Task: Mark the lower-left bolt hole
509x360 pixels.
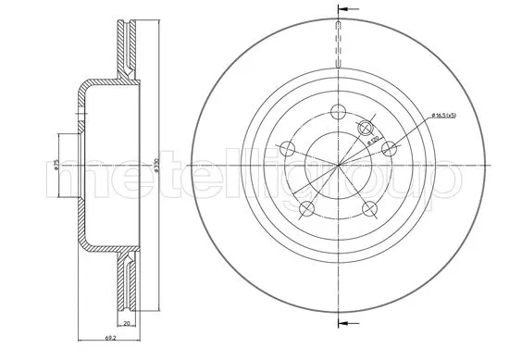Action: click(307, 207)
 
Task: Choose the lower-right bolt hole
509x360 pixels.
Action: click(370, 207)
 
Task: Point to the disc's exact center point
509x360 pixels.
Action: click(339, 166)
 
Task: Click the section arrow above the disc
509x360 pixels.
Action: click(345, 11)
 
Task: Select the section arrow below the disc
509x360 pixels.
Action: click(345, 322)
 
